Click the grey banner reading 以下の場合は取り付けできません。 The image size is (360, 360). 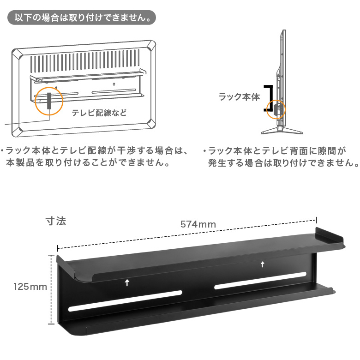82,18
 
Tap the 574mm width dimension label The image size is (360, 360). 198,224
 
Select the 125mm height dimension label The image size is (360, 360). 30,287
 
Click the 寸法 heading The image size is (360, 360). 56,221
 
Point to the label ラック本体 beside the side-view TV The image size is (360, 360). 239,97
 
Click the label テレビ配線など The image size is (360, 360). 99,113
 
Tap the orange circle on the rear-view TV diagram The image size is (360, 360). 49,101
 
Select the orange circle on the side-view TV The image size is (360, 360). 276,109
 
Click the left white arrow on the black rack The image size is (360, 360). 127,282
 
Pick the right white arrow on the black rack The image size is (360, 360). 263,264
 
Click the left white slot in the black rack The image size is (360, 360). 125,301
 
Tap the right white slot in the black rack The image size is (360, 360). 260,281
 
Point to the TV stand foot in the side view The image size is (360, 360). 282,131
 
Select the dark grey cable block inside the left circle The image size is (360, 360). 49,101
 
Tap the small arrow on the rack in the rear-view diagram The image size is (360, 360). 114,84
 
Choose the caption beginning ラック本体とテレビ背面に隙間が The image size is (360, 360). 281,157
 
